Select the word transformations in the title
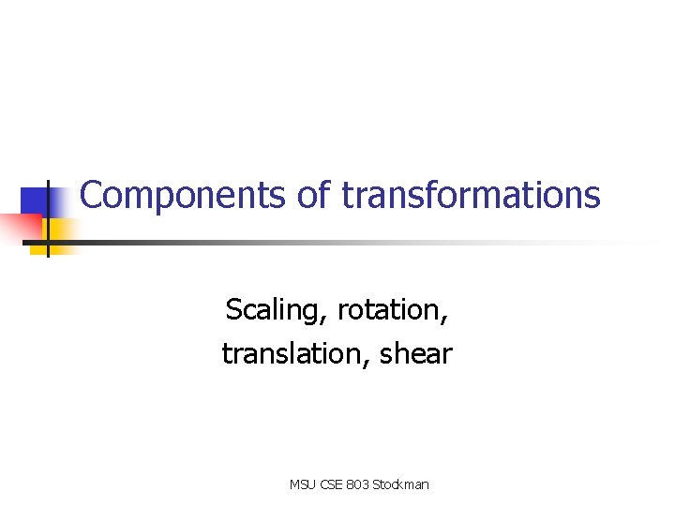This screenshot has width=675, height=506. coord(471,195)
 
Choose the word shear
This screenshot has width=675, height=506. coord(416,354)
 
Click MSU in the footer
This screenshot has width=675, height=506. coord(302,484)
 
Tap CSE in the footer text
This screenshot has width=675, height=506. coord(333,484)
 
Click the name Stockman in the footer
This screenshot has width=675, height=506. coord(400,484)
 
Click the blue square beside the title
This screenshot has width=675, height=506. coord(35,201)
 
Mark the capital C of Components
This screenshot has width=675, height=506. coord(91,195)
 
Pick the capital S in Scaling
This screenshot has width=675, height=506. coord(233,309)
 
